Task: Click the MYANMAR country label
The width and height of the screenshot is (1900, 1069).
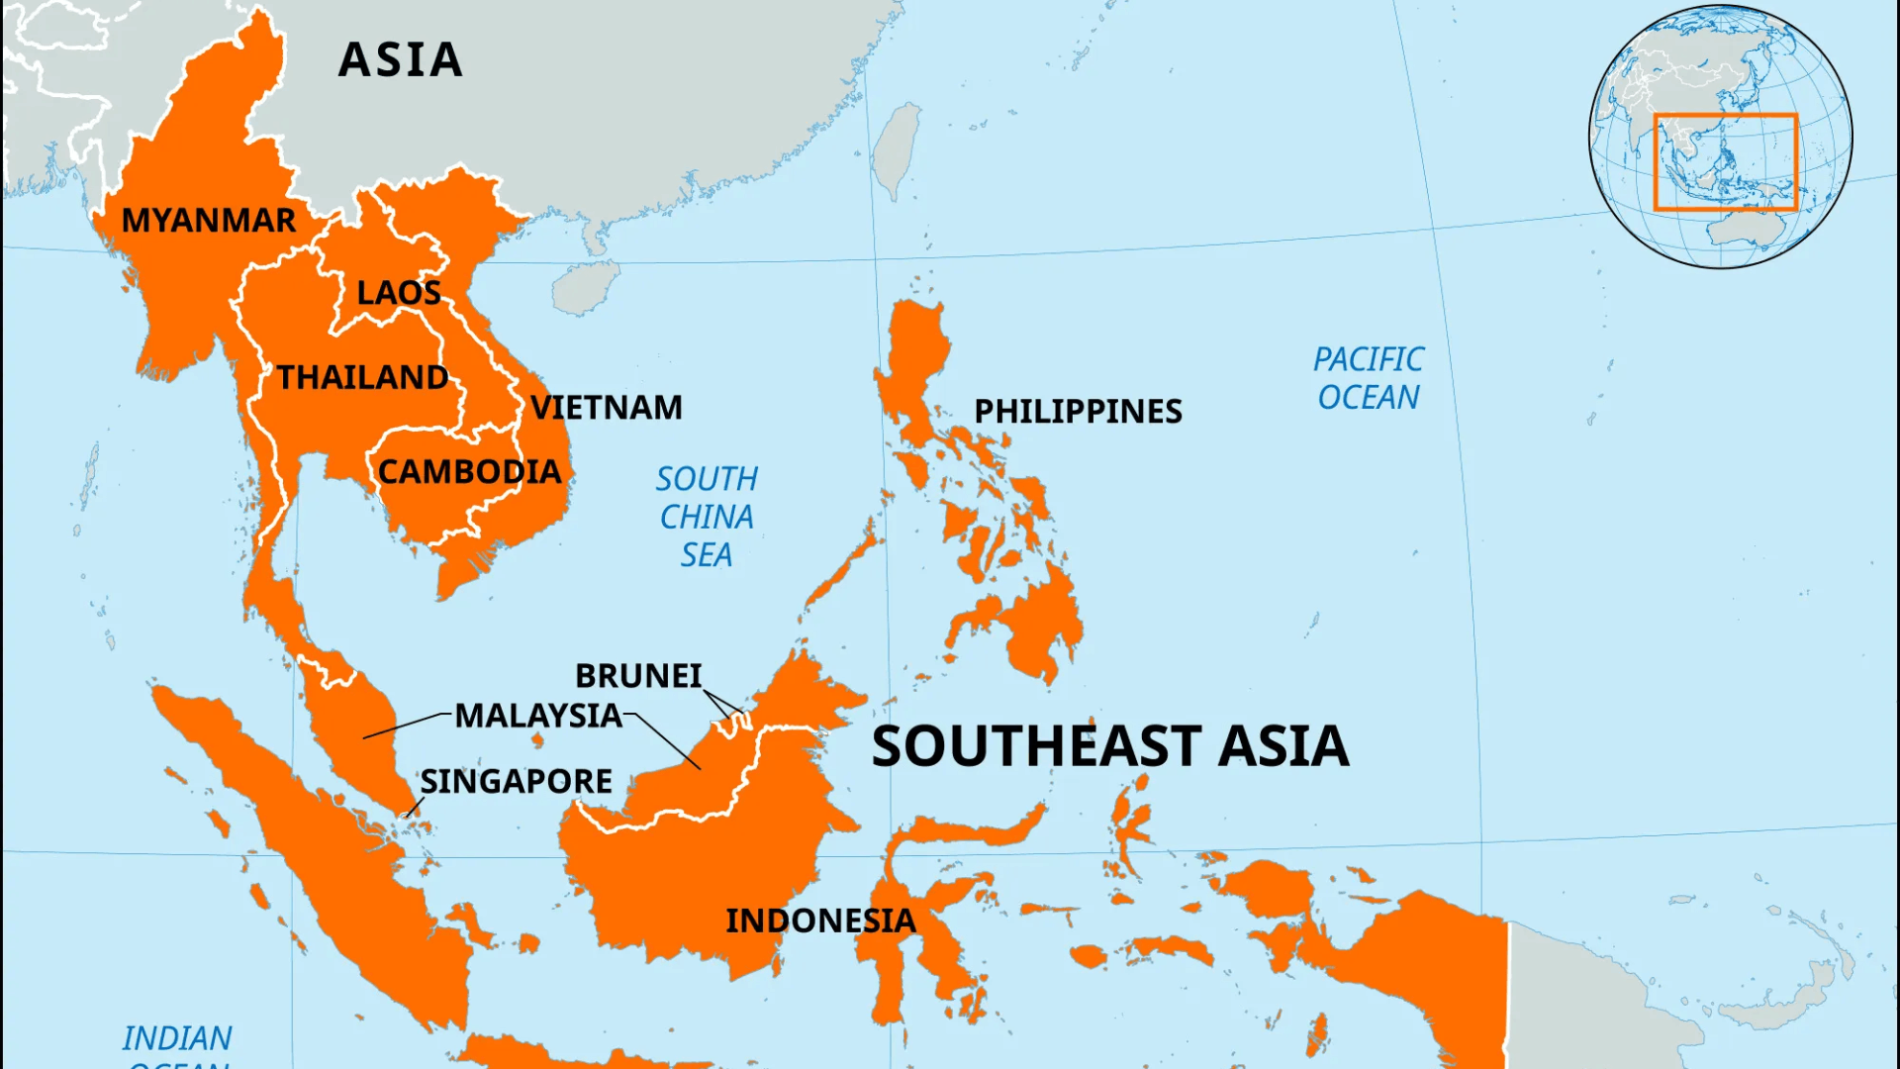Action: tap(208, 220)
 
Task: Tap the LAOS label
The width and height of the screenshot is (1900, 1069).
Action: tap(399, 293)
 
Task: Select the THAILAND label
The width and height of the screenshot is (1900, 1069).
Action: tap(362, 377)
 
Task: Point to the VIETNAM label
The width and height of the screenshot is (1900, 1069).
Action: tap(607, 408)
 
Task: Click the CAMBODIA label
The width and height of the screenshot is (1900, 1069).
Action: tap(469, 472)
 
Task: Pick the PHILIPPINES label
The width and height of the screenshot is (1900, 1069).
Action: tap(1078, 412)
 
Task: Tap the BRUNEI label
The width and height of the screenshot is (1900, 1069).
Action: tap(638, 676)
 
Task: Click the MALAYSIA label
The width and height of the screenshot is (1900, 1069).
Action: tap(538, 716)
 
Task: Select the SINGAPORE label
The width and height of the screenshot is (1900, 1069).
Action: tap(516, 782)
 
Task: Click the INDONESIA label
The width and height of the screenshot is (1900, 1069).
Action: tap(820, 922)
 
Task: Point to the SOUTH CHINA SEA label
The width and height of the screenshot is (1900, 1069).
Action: tap(707, 517)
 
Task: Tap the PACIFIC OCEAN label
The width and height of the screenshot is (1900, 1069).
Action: tap(1369, 378)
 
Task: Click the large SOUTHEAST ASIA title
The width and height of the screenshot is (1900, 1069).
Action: tap(1109, 746)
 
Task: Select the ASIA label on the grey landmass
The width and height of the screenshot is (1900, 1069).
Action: tap(400, 60)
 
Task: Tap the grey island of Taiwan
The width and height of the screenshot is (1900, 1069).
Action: tap(898, 148)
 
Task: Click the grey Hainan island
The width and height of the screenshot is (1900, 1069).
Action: tap(584, 288)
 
